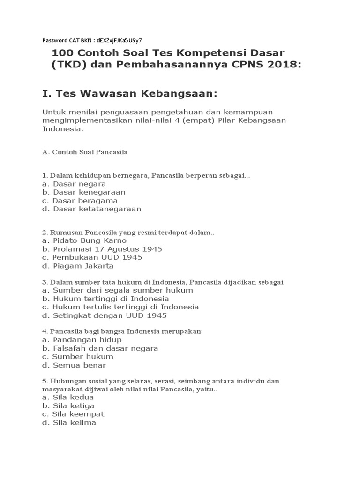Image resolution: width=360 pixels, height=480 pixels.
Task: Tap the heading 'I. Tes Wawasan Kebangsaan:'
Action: (130, 94)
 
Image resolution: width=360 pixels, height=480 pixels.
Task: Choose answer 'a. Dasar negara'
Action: (74, 184)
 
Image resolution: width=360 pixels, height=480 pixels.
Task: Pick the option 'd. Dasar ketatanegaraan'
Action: (91, 209)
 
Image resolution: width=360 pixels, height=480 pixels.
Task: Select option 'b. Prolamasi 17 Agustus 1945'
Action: (102, 249)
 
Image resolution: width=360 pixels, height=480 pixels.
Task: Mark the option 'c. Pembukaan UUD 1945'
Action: (92, 257)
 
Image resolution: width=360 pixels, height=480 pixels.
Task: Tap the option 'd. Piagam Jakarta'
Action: (77, 266)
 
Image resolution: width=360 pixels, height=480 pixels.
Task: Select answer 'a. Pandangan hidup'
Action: (82, 339)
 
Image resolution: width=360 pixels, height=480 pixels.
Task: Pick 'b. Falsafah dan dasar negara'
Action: (100, 348)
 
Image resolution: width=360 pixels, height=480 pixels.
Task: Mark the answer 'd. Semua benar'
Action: (74, 365)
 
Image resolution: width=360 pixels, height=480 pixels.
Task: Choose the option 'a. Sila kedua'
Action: (71, 397)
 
